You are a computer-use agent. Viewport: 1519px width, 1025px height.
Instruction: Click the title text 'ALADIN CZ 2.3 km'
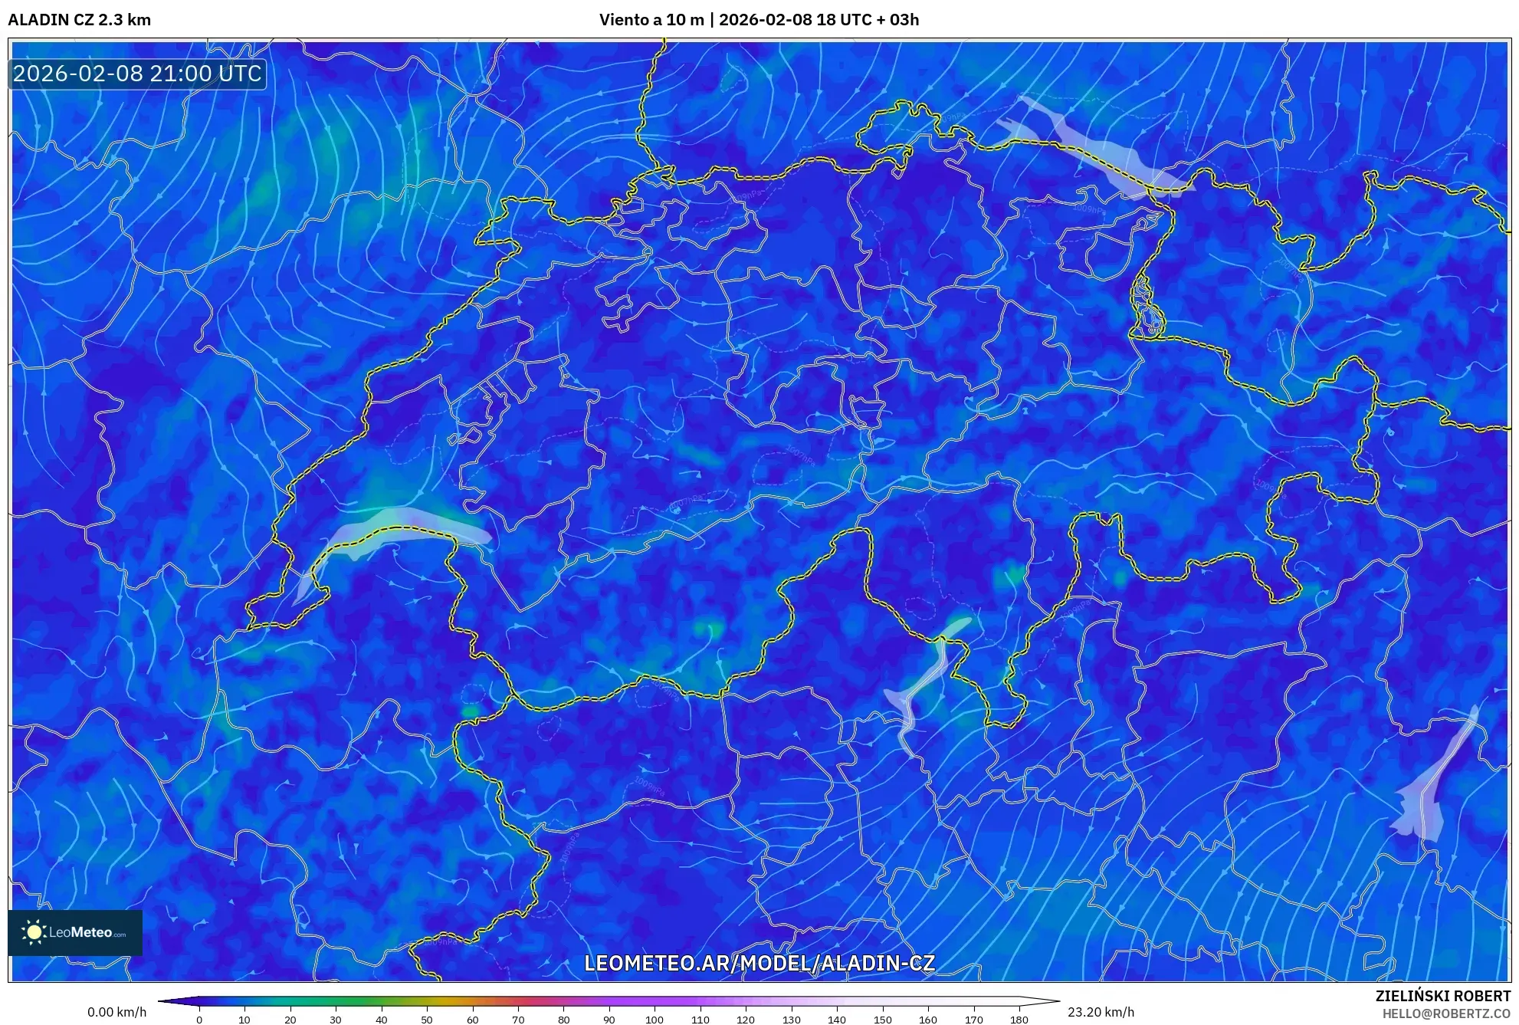(79, 20)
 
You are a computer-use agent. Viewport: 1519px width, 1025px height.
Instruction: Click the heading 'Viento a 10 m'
(651, 20)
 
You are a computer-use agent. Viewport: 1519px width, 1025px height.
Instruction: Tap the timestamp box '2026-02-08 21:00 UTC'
(137, 74)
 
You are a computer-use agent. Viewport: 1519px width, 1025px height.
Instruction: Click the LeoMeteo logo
(75, 932)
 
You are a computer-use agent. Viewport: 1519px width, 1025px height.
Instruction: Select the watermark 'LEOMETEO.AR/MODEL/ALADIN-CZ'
(759, 963)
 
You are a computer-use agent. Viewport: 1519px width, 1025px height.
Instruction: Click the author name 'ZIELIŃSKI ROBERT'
(1442, 996)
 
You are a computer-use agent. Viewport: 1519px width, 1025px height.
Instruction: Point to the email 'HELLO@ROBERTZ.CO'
(1446, 1014)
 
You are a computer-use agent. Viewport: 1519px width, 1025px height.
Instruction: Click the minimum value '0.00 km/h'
(116, 1012)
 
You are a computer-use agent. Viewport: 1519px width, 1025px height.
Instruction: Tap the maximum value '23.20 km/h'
(1101, 1012)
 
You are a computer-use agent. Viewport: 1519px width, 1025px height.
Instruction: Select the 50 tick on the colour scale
(427, 1020)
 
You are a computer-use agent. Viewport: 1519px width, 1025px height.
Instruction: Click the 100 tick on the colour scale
(655, 1020)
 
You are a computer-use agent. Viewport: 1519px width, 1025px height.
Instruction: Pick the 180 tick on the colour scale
(1019, 1020)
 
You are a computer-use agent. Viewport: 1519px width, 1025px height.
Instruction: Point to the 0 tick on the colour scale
(199, 1020)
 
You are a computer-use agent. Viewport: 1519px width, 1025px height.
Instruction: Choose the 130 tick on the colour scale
(791, 1020)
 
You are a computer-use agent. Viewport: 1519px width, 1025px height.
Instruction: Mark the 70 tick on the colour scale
(518, 1020)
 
